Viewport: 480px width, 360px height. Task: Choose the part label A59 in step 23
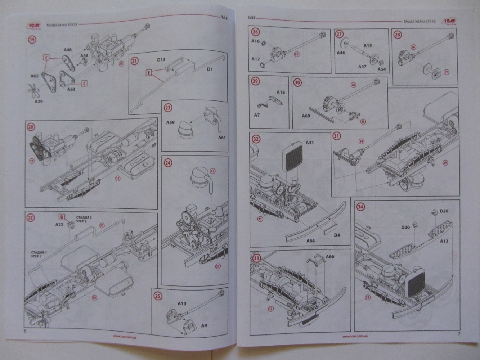click(170, 122)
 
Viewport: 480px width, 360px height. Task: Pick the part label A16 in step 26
click(255, 41)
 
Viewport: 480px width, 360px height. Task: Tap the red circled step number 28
click(398, 35)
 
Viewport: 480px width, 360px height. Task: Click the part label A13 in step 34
click(444, 241)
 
